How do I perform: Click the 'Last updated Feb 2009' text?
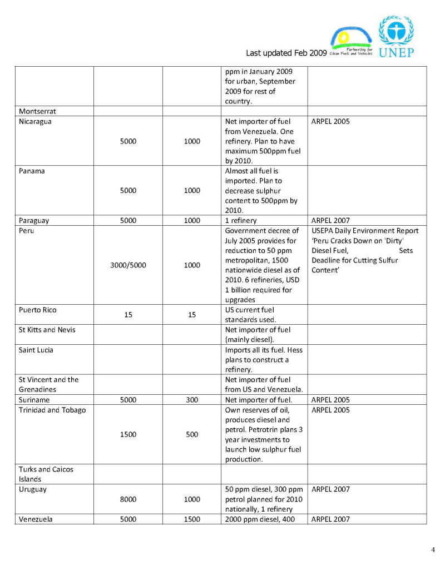[x=286, y=53]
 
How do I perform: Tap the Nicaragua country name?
[x=35, y=121]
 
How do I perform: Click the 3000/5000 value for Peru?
[x=128, y=265]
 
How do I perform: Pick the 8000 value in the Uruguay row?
[x=128, y=499]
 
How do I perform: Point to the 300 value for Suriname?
[x=192, y=400]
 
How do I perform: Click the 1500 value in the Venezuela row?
[x=192, y=519]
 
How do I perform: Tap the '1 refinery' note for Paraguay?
[x=241, y=221]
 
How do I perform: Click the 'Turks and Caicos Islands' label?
[x=46, y=474]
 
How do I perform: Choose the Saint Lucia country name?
[x=36, y=350]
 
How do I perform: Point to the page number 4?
[x=433, y=551]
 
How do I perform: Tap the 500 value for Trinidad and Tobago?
[x=192, y=435]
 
